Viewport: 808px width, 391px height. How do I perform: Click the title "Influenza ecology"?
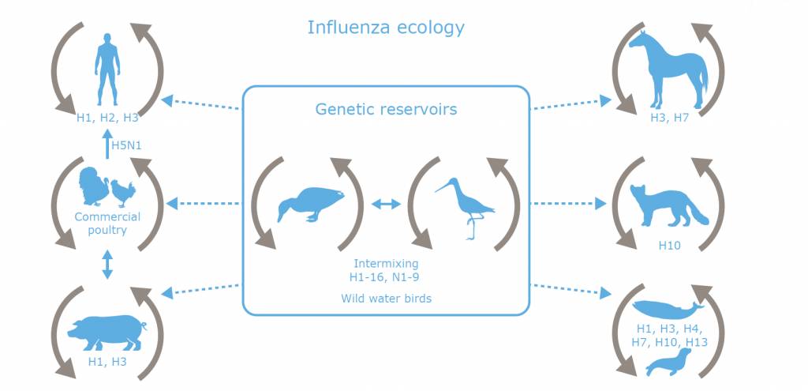385,28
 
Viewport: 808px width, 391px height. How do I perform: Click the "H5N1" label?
129,146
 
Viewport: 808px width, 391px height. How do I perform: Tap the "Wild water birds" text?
385,299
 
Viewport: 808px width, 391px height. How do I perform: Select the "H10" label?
670,246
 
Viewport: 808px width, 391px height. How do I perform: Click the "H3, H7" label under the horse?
669,118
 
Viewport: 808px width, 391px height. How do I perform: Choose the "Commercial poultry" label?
107,224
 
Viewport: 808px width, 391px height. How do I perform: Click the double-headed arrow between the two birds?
386,205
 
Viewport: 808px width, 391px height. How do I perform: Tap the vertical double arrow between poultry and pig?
107,265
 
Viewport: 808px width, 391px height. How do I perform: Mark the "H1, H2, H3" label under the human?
107,118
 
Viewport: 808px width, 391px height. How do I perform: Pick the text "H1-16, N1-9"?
385,276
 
